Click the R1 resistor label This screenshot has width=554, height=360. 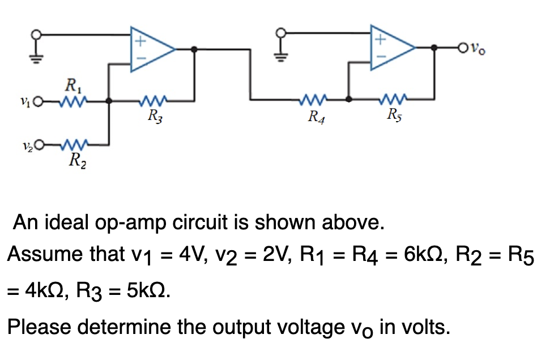click(73, 87)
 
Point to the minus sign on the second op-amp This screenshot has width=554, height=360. click(381, 58)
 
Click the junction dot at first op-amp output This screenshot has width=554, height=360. click(194, 49)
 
